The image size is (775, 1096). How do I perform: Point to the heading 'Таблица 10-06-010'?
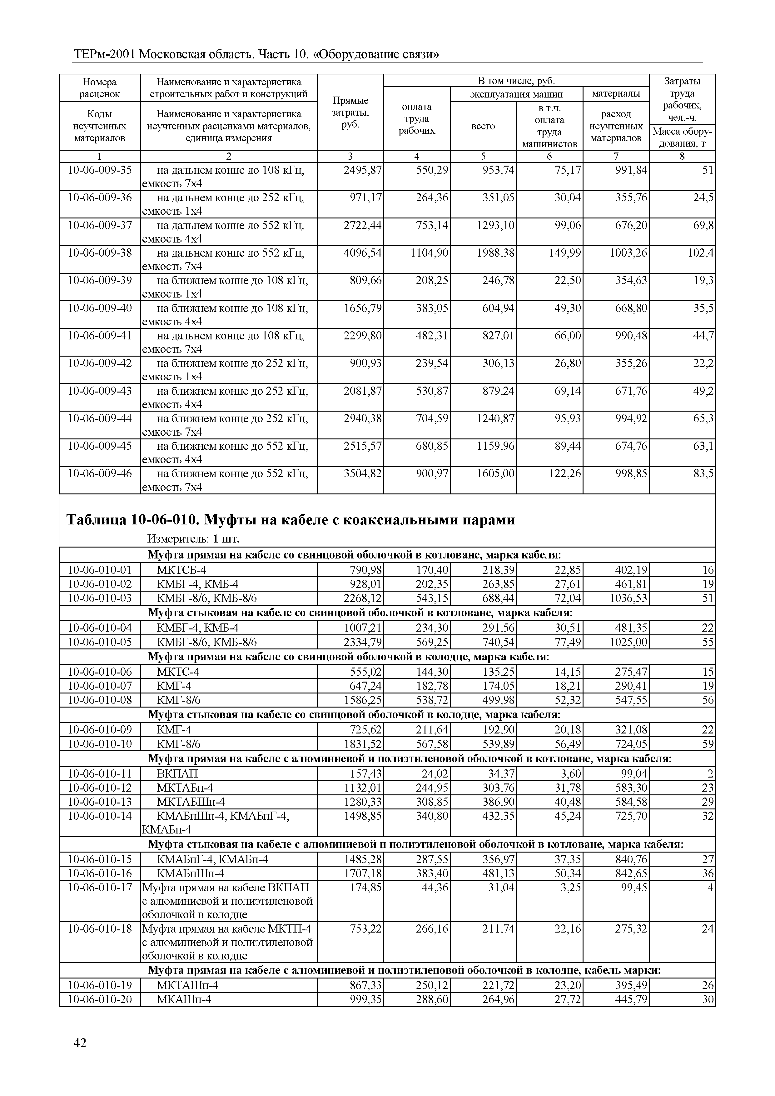[x=291, y=519]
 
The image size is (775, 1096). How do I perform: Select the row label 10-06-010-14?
[x=100, y=816]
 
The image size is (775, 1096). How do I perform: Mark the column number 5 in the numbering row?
[x=483, y=156]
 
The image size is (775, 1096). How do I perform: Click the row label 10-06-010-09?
[x=100, y=729]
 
